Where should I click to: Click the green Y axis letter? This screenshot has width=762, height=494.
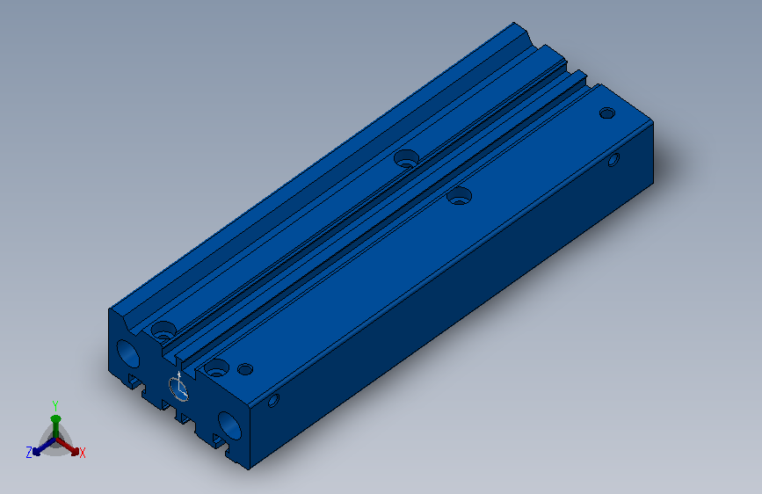coord(54,405)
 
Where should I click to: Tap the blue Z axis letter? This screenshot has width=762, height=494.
coord(29,453)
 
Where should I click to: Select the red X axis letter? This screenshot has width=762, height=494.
coord(83,454)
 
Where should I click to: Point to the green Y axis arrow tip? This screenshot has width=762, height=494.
coord(55,418)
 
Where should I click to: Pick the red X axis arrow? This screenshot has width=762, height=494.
coord(67,447)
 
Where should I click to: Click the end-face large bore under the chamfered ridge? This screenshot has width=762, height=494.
coord(127,353)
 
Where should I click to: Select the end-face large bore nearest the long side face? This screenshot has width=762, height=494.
coord(229,426)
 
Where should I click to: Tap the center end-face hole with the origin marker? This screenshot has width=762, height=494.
coord(178,389)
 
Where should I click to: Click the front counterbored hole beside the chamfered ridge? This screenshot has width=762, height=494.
coord(163,331)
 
